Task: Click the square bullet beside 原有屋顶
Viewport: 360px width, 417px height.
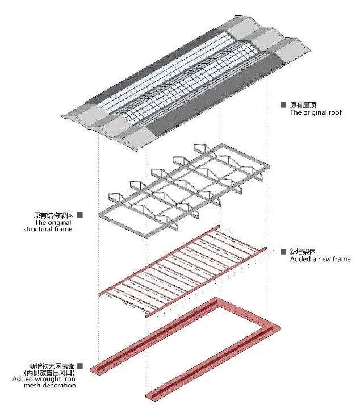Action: click(283, 105)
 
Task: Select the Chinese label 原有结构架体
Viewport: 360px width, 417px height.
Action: click(54, 215)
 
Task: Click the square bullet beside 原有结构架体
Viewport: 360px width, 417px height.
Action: click(79, 215)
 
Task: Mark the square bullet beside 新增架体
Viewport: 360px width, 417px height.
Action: click(283, 252)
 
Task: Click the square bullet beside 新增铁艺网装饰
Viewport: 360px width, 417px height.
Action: click(79, 366)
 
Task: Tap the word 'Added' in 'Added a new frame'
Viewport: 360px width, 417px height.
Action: click(300, 259)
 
